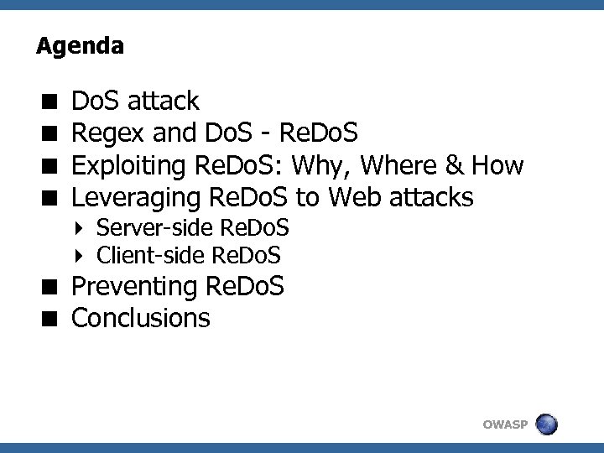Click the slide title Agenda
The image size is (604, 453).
tap(80, 46)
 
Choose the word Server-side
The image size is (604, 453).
tap(154, 228)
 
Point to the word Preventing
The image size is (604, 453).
tap(134, 287)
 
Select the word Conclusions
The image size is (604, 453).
tap(141, 318)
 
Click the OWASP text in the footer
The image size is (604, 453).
tap(505, 425)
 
